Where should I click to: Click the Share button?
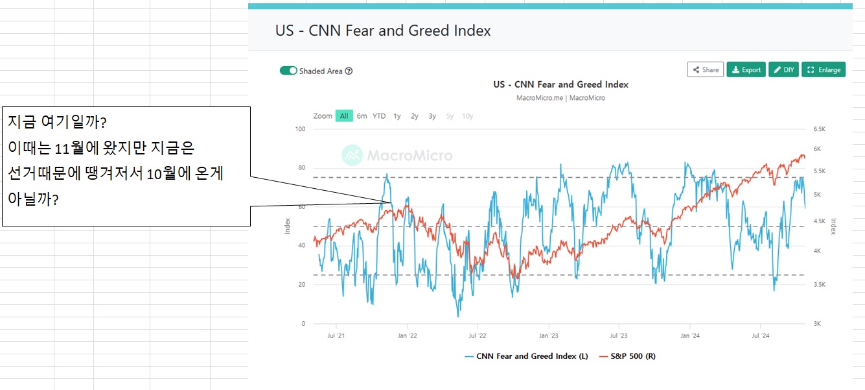tap(705, 69)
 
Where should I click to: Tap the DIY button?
tap(783, 69)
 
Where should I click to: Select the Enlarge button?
tap(824, 69)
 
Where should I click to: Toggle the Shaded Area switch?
tap(288, 71)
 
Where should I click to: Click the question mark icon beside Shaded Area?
tap(349, 71)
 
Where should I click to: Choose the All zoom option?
tap(344, 116)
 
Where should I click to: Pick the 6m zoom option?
tap(362, 116)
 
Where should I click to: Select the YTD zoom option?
tap(379, 116)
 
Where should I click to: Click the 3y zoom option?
tap(432, 116)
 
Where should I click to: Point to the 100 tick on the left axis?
tap(300, 129)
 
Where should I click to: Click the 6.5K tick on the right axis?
tap(820, 129)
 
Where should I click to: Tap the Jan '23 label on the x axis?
tap(548, 335)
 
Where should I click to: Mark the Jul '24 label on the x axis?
tap(760, 335)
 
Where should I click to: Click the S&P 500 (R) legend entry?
tap(627, 356)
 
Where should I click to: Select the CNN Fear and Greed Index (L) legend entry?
tap(526, 356)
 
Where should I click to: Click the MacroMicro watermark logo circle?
tap(352, 155)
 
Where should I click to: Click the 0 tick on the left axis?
tap(303, 323)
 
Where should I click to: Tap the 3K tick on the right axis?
tap(817, 323)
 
